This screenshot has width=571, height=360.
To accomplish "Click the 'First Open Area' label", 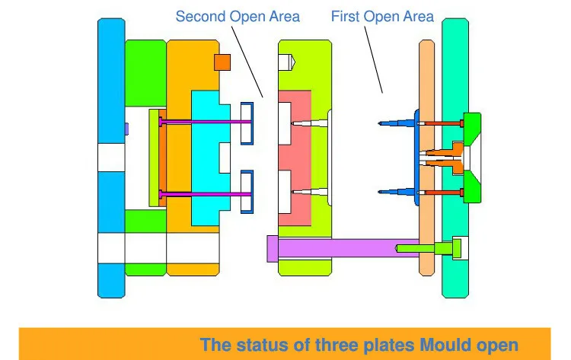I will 382,16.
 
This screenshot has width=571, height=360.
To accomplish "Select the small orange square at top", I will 222,62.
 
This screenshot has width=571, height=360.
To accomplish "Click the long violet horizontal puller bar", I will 335,248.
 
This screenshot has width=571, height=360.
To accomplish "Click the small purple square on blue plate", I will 126,129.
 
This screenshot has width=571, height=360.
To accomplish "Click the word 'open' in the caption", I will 499,346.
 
